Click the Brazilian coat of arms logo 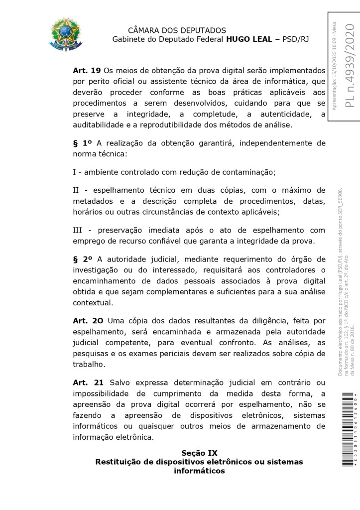click(x=66, y=34)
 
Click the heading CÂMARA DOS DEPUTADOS click(x=177, y=30)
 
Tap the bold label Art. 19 click(x=87, y=71)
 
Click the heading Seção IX click(x=199, y=453)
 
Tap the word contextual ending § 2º click(x=93, y=302)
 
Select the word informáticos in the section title click(x=199, y=471)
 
